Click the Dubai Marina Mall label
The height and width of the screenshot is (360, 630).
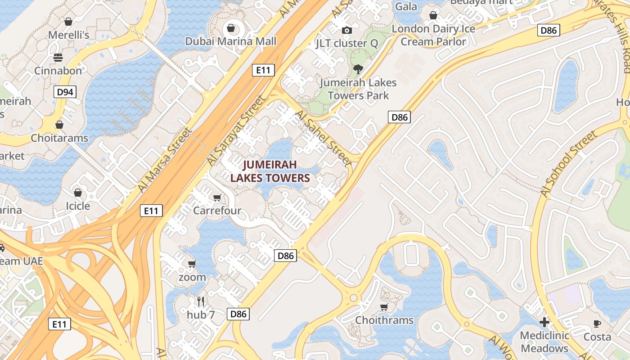pyautogui.click(x=231, y=41)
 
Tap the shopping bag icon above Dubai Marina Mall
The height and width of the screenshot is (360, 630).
pyautogui.click(x=231, y=28)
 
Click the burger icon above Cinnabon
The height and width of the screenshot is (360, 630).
pyautogui.click(x=58, y=57)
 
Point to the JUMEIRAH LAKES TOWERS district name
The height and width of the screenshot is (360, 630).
pyautogui.click(x=270, y=171)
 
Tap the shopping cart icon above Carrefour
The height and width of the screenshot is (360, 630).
pyautogui.click(x=217, y=198)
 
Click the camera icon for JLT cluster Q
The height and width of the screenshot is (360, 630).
pyautogui.click(x=346, y=30)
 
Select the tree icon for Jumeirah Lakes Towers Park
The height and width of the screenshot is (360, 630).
pyautogui.click(x=358, y=69)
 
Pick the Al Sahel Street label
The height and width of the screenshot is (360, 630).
pyautogui.click(x=322, y=138)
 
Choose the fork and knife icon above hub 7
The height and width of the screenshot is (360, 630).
pyautogui.click(x=201, y=301)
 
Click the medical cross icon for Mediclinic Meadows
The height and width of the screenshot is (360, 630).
pyautogui.click(x=544, y=322)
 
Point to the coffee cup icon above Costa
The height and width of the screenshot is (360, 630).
pyautogui.click(x=597, y=324)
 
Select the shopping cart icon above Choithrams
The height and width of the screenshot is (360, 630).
pyautogui.click(x=384, y=307)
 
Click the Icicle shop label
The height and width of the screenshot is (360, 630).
pyautogui.click(x=78, y=206)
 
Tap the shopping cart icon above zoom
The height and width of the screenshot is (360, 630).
pyautogui.click(x=192, y=264)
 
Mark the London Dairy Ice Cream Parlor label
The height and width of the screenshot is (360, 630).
pyautogui.click(x=433, y=35)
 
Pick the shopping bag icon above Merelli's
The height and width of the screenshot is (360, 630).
pyautogui.click(x=68, y=22)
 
